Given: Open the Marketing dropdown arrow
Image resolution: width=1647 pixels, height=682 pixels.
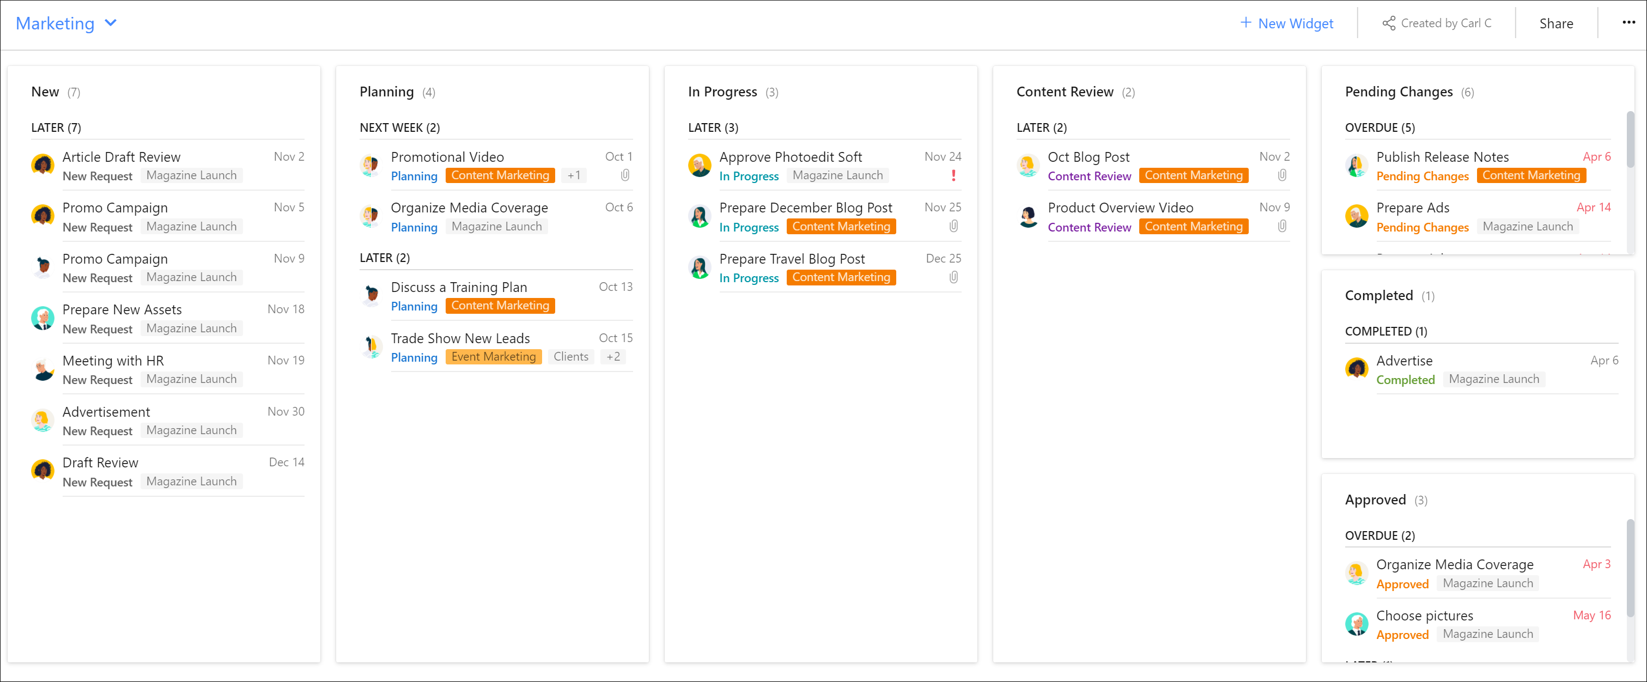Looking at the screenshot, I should click(x=111, y=23).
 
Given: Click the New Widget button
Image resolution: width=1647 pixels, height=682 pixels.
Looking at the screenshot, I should click(x=1286, y=23).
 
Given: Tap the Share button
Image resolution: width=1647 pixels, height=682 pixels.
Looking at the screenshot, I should click(x=1555, y=23).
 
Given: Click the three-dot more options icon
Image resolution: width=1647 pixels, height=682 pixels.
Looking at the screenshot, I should click(x=1628, y=22).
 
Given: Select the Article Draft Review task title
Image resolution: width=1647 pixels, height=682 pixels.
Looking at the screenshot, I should click(x=121, y=157).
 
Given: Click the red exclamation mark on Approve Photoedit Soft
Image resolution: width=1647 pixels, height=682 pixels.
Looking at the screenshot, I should click(x=953, y=175).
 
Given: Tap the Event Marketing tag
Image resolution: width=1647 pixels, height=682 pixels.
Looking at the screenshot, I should click(x=493, y=357).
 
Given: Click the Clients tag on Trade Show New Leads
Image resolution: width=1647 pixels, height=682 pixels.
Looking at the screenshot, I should click(x=570, y=357).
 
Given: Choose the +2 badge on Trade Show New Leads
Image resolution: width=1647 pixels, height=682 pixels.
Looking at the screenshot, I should click(x=612, y=357).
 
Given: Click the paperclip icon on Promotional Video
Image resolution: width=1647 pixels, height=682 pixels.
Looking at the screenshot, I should click(x=625, y=175).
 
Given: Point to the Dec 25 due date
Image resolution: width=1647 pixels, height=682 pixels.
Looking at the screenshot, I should click(x=943, y=258).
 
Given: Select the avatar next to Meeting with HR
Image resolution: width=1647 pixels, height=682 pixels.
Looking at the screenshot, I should click(x=43, y=369).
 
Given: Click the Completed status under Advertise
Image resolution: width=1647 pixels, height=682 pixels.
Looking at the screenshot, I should click(x=1405, y=380).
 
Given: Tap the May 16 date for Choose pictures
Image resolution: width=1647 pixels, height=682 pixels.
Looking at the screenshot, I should click(x=1591, y=615).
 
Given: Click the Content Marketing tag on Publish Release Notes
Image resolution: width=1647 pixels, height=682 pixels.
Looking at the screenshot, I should click(x=1530, y=175).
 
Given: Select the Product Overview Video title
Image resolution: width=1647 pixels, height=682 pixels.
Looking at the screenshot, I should click(x=1120, y=208).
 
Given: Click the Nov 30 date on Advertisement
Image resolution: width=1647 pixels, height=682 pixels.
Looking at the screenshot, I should click(x=286, y=411).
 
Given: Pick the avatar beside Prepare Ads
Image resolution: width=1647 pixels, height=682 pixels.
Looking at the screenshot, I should click(x=1356, y=217).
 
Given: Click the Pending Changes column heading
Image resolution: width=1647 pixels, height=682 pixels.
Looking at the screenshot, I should click(x=1398, y=92).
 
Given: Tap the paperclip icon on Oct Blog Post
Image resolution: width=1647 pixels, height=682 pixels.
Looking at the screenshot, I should click(x=1282, y=175).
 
